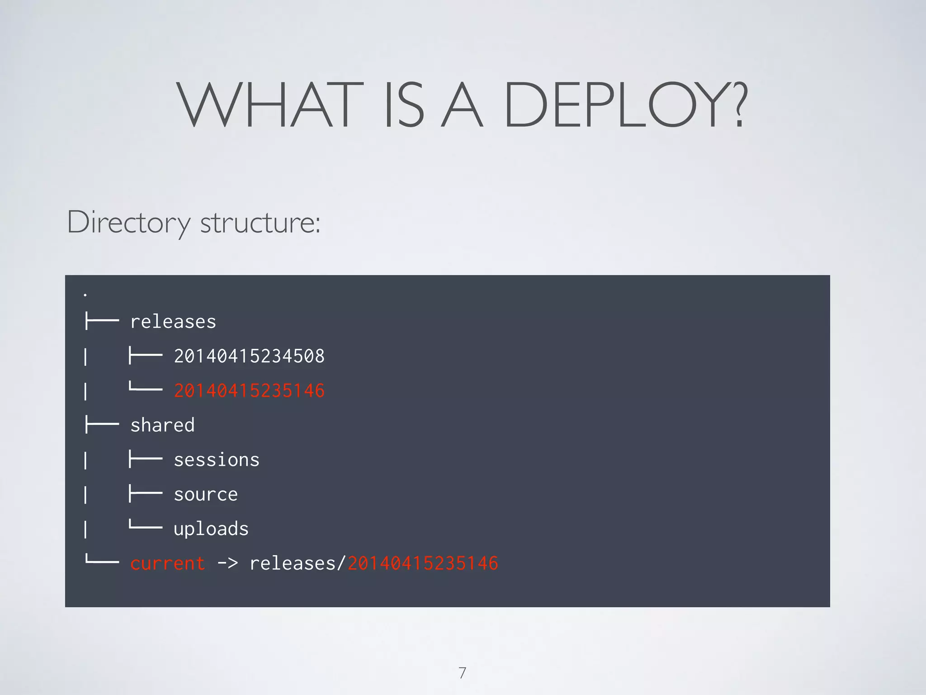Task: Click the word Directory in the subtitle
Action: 129,222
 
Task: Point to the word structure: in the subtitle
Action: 260,223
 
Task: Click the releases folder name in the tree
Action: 173,322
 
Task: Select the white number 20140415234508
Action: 249,356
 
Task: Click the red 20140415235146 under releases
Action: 249,390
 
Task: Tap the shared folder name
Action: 162,425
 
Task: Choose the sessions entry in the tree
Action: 217,460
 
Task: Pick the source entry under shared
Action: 206,494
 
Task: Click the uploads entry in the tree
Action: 211,529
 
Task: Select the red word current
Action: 168,563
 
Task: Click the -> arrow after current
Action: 227,563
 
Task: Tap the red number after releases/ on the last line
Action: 423,563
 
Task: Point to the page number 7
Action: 462,673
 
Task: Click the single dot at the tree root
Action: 85,295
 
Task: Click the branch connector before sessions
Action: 145,459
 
